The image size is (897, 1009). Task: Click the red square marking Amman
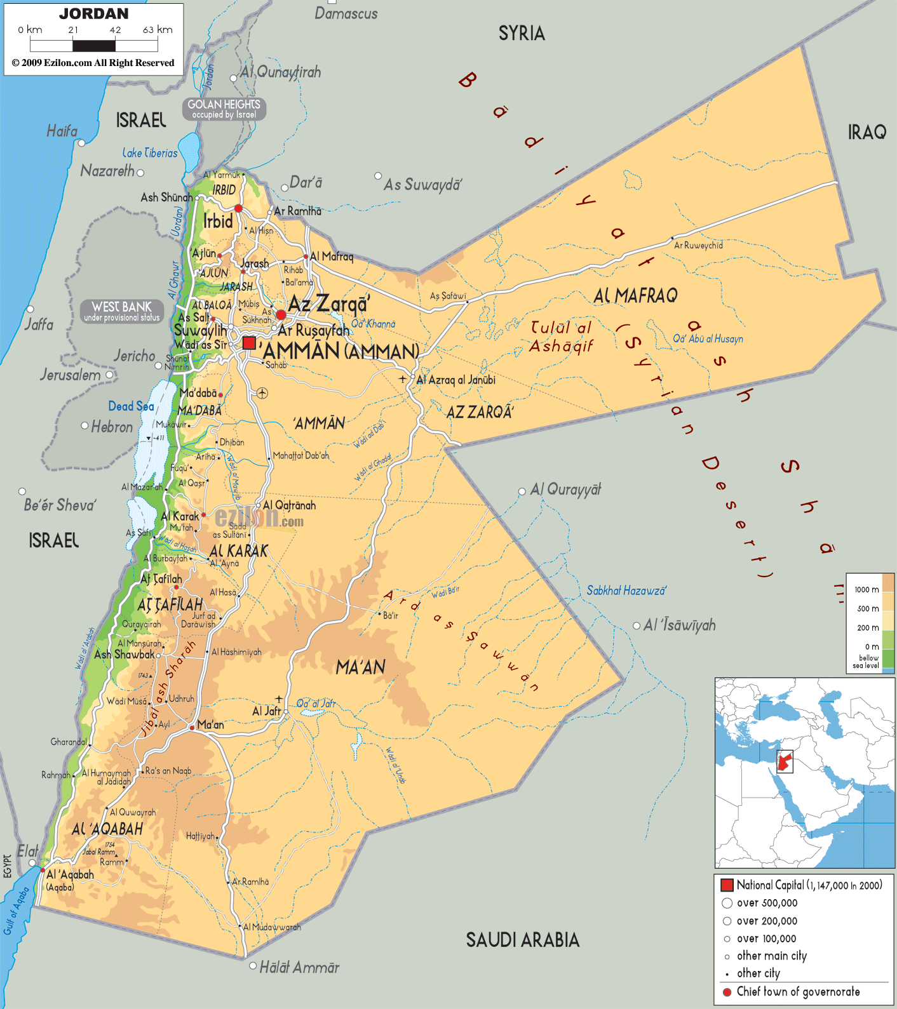pyautogui.click(x=249, y=343)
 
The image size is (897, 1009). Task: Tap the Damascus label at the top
pyautogui.click(x=346, y=13)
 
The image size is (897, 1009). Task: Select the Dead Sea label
pyautogui.click(x=131, y=406)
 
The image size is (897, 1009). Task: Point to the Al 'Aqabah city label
pyautogui.click(x=70, y=874)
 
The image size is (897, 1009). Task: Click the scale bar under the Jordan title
pyautogui.click(x=94, y=46)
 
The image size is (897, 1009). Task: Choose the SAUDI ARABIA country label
pyautogui.click(x=522, y=940)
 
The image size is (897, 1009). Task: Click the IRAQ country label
pyautogui.click(x=867, y=132)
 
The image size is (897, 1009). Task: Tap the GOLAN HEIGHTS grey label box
pyautogui.click(x=224, y=109)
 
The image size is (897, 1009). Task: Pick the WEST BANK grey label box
pyautogui.click(x=122, y=311)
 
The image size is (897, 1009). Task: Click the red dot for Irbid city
pyautogui.click(x=238, y=208)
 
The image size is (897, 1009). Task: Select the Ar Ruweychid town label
pyautogui.click(x=698, y=245)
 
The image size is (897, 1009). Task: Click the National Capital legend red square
pyautogui.click(x=727, y=885)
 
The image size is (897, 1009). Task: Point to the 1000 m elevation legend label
pyautogui.click(x=866, y=589)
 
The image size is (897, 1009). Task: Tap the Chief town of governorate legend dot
pyautogui.click(x=727, y=992)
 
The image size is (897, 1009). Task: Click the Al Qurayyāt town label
pyautogui.click(x=565, y=490)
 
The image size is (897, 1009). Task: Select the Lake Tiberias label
pyautogui.click(x=150, y=153)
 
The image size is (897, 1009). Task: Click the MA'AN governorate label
pyautogui.click(x=360, y=667)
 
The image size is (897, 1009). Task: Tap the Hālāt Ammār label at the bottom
pyautogui.click(x=299, y=968)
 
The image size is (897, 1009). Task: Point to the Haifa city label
pyautogui.click(x=62, y=131)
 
